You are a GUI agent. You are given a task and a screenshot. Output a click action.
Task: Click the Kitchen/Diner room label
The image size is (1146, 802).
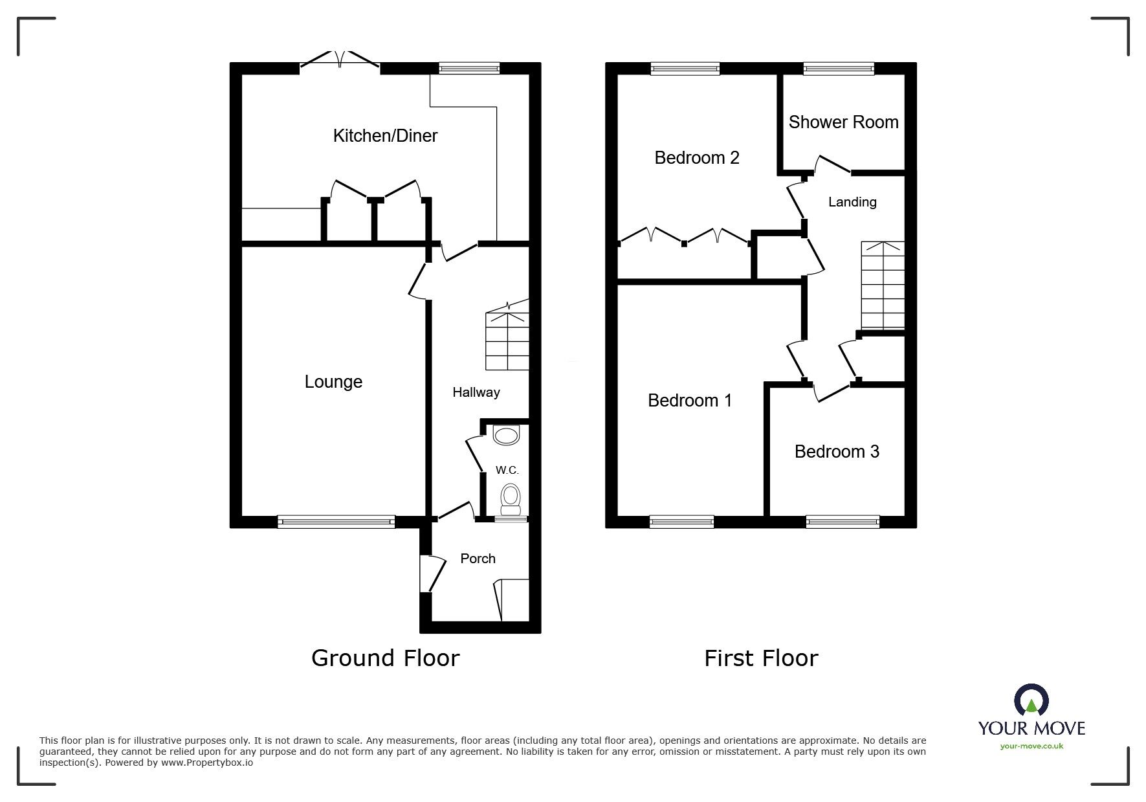(x=385, y=136)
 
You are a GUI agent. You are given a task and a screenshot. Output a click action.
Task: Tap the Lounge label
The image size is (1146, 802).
(x=333, y=382)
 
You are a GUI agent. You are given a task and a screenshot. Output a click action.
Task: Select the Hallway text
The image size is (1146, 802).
(x=476, y=392)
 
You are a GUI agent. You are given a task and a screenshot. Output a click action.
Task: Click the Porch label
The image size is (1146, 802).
(x=478, y=559)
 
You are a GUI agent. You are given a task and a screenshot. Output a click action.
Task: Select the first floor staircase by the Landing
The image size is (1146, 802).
(x=882, y=286)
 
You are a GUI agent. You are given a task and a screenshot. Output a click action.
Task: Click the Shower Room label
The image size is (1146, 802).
(x=843, y=122)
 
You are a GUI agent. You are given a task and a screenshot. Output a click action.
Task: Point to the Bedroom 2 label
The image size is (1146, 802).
(x=696, y=158)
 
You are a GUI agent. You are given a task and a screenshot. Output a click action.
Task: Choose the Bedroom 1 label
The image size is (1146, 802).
(x=690, y=401)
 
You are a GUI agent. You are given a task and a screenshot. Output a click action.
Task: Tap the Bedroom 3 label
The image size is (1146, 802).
(x=837, y=452)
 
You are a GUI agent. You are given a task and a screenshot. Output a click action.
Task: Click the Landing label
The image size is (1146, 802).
(x=852, y=202)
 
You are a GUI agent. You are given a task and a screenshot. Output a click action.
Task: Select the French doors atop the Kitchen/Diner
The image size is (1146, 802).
(x=340, y=60)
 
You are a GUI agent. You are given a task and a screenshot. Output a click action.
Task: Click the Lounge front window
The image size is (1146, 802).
(x=336, y=521)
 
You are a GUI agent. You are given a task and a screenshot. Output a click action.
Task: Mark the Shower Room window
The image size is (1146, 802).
(x=839, y=68)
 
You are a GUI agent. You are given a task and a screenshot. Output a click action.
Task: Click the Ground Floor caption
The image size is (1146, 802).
(x=385, y=658)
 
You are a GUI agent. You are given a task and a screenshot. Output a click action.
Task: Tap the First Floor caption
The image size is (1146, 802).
(x=761, y=658)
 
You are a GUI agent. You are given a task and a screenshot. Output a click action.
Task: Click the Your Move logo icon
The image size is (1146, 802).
(x=1031, y=700)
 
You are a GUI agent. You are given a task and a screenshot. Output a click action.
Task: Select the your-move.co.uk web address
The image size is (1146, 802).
(x=1031, y=746)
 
